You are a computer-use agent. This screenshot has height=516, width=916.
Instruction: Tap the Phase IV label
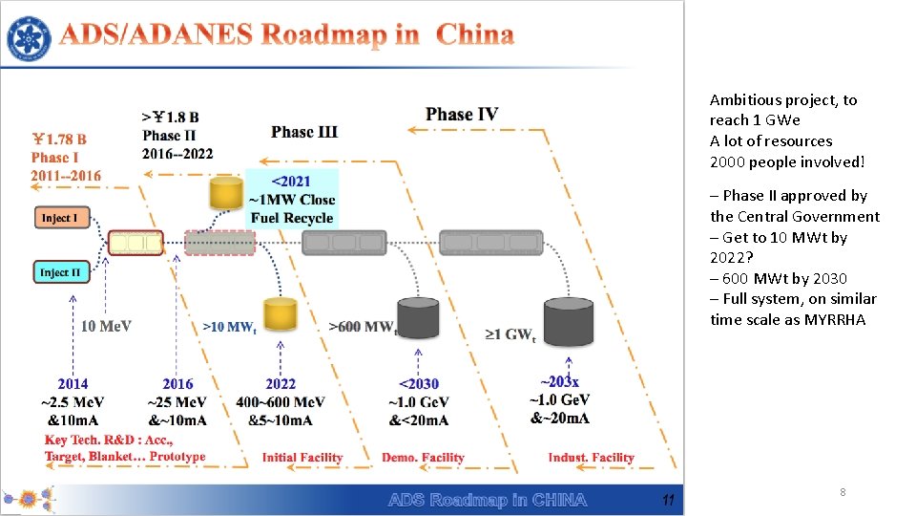tap(462, 115)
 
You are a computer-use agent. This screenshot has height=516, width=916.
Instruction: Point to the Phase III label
tap(304, 132)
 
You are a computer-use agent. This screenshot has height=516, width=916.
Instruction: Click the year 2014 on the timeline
tap(73, 384)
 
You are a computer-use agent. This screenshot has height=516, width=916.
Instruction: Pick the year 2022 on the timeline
tap(281, 384)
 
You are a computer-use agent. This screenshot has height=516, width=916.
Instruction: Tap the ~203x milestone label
tap(559, 382)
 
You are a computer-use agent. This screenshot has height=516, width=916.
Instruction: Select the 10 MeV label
tap(107, 327)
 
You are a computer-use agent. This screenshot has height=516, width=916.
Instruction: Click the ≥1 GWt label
tap(510, 334)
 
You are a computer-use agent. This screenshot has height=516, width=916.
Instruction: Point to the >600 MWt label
tap(363, 327)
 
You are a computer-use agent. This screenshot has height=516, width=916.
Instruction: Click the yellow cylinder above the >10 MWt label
tap(281, 315)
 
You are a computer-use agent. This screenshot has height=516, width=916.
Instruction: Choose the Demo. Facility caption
tap(423, 458)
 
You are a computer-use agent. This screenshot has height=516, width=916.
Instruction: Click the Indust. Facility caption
tap(591, 458)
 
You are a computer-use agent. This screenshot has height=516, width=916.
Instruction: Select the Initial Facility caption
tap(302, 458)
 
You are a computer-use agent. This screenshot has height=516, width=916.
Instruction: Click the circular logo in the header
tap(30, 38)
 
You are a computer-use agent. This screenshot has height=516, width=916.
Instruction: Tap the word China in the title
tap(474, 36)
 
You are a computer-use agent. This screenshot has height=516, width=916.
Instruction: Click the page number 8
tap(843, 492)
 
